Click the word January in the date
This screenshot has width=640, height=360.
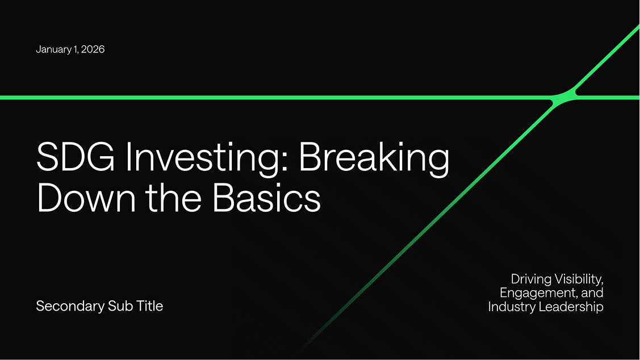pyautogui.click(x=53, y=49)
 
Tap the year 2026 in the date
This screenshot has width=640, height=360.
pyautogui.click(x=93, y=49)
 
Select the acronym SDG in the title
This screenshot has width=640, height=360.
pyautogui.click(x=76, y=157)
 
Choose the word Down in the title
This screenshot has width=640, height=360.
pyautogui.click(x=86, y=198)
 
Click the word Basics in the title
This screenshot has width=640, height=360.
pyautogui.click(x=266, y=198)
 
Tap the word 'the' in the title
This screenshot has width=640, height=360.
pyautogui.click(x=174, y=197)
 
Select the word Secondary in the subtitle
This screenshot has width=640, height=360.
pyautogui.click(x=70, y=306)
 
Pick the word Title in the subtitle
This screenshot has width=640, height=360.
pyautogui.click(x=150, y=305)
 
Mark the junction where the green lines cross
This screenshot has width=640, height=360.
pyautogui.click(x=564, y=97)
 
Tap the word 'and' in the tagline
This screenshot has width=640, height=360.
pyautogui.click(x=592, y=292)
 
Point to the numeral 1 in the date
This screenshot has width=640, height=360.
pyautogui.click(x=76, y=49)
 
